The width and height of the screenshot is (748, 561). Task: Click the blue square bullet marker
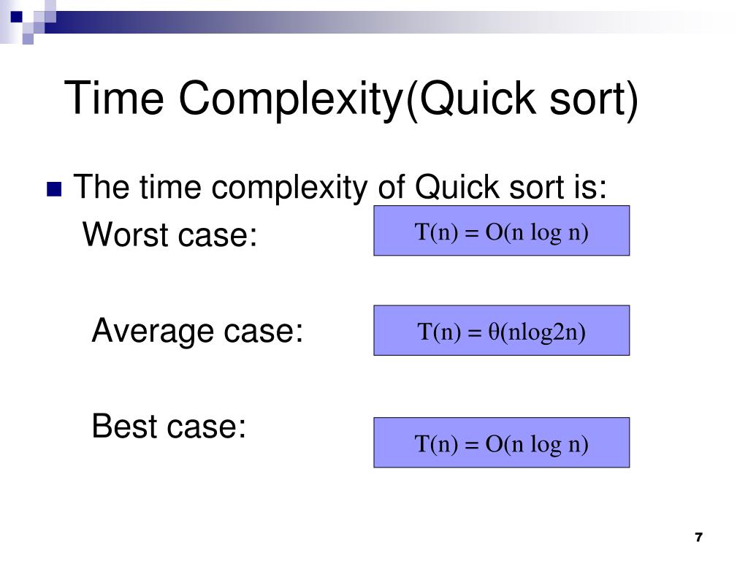point(53,190)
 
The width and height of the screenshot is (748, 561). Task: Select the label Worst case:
point(170,235)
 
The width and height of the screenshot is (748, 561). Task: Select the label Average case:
point(197,332)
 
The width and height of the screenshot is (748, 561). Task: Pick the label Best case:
point(169,427)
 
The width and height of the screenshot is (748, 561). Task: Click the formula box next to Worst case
point(501,231)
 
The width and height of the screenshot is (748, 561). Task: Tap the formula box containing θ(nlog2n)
point(501,331)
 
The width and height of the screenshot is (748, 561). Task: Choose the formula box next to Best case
point(501,443)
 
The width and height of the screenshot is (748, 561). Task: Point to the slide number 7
point(698,538)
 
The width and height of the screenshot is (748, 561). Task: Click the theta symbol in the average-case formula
point(493,333)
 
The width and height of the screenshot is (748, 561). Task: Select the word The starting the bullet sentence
point(102,188)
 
